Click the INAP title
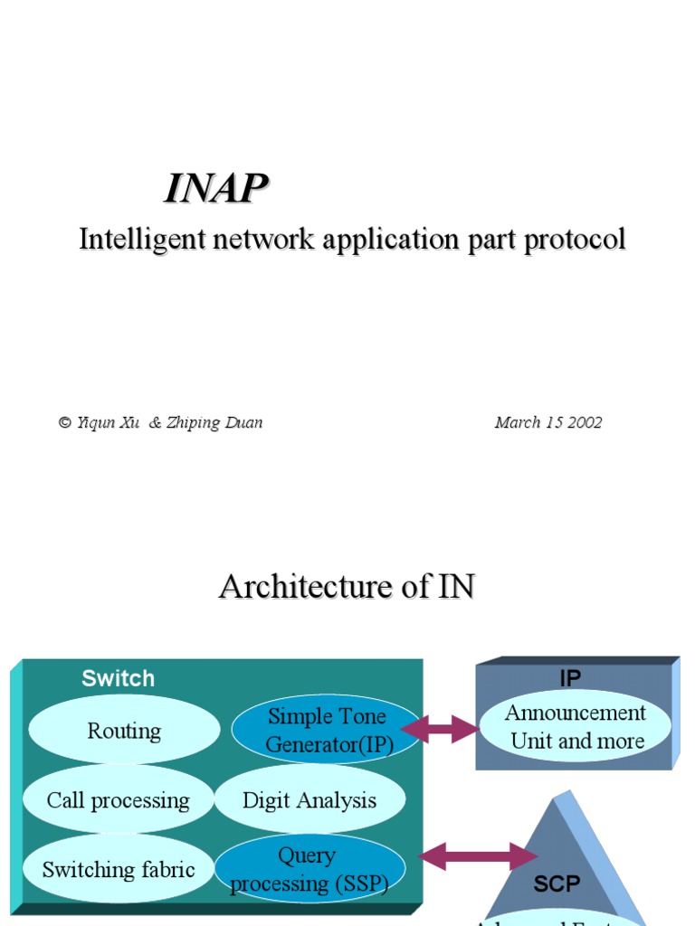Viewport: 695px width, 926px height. pyautogui.click(x=216, y=188)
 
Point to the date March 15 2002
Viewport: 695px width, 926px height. pyautogui.click(x=547, y=422)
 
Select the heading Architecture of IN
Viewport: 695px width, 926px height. pyautogui.click(x=347, y=587)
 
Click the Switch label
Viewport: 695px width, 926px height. pyautogui.click(x=118, y=678)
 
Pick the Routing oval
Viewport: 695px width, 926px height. pyautogui.click(x=124, y=731)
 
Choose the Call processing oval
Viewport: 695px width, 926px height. pyautogui.click(x=118, y=800)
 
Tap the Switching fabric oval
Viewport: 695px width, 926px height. pyautogui.click(x=118, y=870)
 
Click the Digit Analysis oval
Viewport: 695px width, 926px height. pyautogui.click(x=309, y=800)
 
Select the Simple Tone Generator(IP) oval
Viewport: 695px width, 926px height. pyautogui.click(x=327, y=731)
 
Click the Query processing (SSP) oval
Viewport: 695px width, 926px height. pyautogui.click(x=309, y=869)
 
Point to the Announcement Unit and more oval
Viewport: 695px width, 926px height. pyautogui.click(x=576, y=726)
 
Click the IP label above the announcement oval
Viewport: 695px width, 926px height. pyautogui.click(x=570, y=678)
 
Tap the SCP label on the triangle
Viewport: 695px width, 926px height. pyautogui.click(x=557, y=883)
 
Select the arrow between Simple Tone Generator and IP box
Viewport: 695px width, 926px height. pyautogui.click(x=440, y=729)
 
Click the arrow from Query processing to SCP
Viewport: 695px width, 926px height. pyautogui.click(x=477, y=856)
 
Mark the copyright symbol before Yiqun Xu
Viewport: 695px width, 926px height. pyautogui.click(x=64, y=423)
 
